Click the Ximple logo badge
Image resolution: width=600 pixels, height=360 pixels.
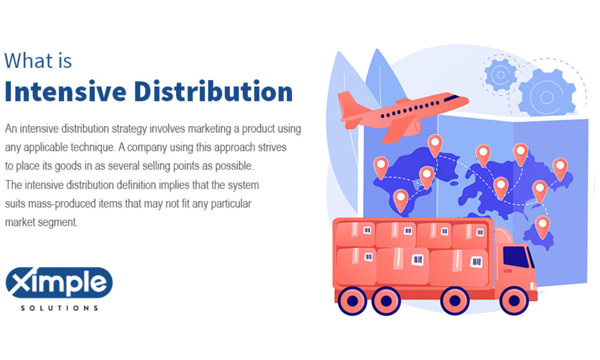(x=59, y=283)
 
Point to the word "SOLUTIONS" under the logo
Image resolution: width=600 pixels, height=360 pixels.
(x=59, y=308)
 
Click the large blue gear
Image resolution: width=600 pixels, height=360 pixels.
(x=546, y=92)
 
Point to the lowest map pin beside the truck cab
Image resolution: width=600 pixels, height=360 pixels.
(x=542, y=225)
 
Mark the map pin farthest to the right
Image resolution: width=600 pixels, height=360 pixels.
(x=560, y=167)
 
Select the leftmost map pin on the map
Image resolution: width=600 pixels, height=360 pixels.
(x=381, y=166)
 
